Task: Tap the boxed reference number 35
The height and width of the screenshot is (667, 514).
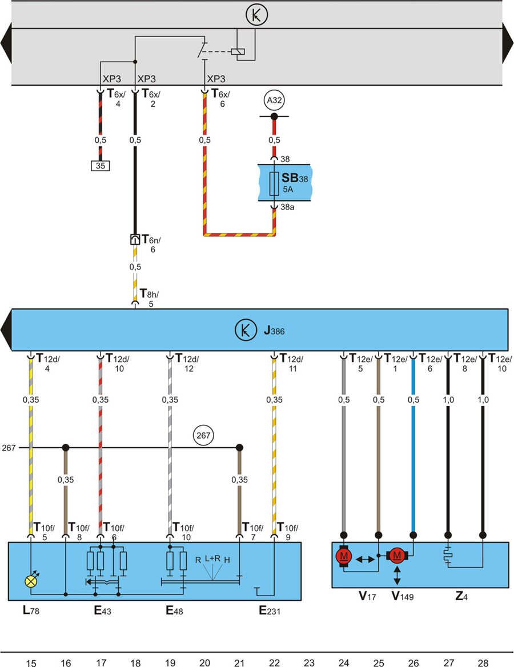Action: click(x=100, y=167)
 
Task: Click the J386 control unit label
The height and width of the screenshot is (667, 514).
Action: click(x=274, y=331)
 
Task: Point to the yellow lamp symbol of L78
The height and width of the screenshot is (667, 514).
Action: click(x=30, y=581)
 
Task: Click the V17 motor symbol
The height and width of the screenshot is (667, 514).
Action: click(x=344, y=556)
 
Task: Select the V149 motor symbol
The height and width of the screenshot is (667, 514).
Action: click(x=397, y=555)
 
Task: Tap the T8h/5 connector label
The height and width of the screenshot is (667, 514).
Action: click(x=149, y=299)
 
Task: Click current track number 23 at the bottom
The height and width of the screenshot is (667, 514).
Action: click(x=309, y=662)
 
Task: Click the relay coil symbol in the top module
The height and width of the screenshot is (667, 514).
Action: click(x=238, y=52)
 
